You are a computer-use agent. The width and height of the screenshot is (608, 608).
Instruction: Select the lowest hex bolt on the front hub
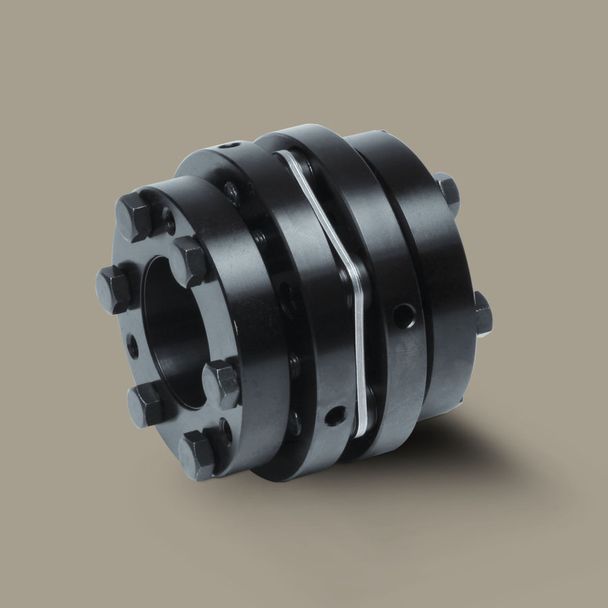198,455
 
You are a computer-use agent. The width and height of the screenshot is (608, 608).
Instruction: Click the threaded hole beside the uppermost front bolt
168,218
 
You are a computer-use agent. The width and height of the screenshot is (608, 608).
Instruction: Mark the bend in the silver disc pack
352,270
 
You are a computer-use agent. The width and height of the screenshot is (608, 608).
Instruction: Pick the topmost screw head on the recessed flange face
233,194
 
